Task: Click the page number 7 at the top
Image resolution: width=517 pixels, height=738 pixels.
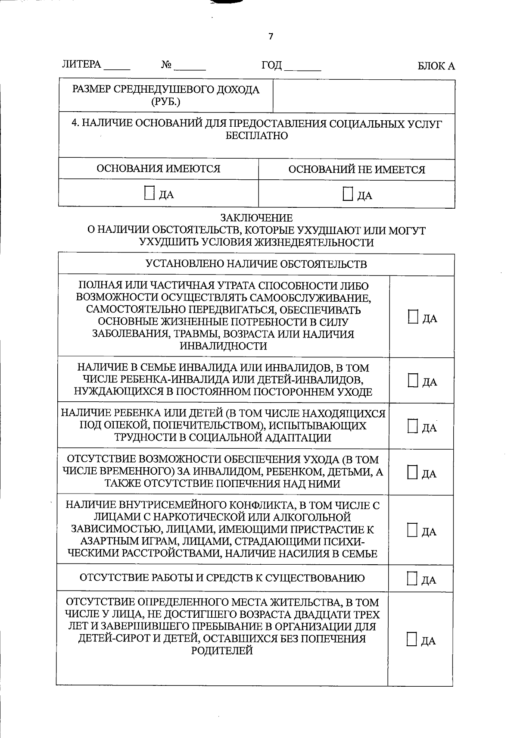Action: (x=271, y=37)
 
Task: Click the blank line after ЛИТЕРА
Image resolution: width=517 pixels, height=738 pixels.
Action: (x=117, y=68)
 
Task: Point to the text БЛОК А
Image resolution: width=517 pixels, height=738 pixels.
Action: (x=436, y=66)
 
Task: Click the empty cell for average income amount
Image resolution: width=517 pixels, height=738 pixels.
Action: (x=364, y=96)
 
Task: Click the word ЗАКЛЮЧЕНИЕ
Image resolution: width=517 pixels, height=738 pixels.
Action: (x=256, y=218)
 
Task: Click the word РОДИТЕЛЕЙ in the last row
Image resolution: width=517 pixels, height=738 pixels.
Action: (x=222, y=651)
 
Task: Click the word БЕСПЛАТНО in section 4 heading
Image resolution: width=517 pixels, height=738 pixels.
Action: (x=257, y=136)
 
